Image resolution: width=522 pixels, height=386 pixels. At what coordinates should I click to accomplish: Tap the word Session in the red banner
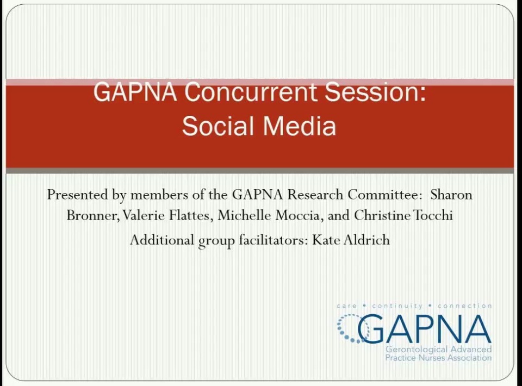coord(375,92)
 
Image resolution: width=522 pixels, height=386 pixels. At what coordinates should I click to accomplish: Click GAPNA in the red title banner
coord(135,92)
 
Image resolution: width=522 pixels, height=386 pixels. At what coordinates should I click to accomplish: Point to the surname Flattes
coord(190,216)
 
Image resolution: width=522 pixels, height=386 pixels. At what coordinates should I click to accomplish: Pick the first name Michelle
coord(245,216)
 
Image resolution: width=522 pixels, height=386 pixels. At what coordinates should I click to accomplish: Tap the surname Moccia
coord(300,216)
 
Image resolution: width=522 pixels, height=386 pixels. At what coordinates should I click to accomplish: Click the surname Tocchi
coord(432,216)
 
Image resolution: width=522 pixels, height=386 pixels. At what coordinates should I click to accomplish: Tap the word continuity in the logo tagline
coord(397,306)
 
